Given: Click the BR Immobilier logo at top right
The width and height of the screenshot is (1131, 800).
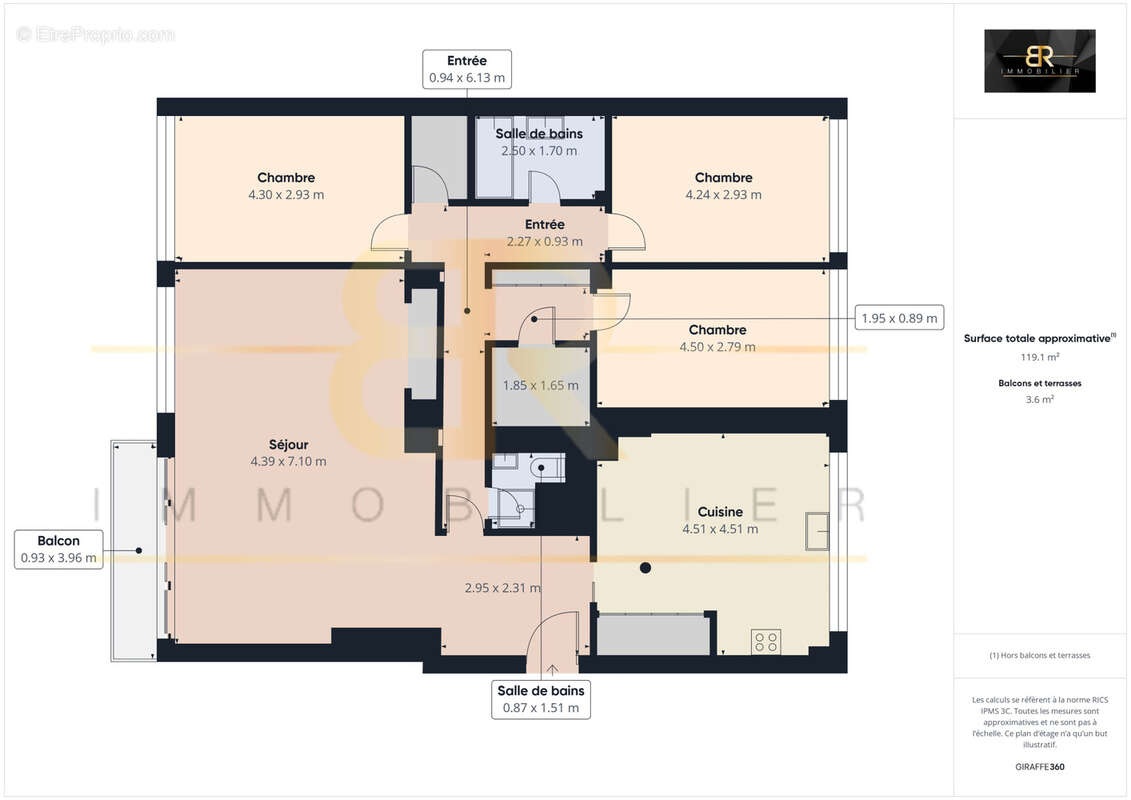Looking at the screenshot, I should (1039, 61).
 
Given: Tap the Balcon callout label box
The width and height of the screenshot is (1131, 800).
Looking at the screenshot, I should (59, 549).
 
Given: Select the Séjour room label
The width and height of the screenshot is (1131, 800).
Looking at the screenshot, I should (288, 444).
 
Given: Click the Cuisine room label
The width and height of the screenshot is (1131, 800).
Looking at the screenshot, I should (720, 512).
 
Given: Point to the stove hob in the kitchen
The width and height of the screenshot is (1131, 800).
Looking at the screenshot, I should (767, 641).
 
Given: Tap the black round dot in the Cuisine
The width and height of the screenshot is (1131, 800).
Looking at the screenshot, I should (645, 568).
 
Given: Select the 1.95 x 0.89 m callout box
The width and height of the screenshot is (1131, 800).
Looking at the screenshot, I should (899, 318).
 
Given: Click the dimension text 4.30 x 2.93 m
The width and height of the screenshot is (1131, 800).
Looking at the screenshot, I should (286, 195).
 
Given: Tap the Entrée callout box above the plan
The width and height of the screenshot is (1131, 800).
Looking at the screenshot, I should (467, 69).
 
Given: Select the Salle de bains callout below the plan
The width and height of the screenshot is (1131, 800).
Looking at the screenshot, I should (541, 699).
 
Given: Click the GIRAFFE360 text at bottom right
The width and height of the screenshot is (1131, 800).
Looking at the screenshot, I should (1039, 767).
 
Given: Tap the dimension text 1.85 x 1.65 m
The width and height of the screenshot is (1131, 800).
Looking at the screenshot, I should (540, 385).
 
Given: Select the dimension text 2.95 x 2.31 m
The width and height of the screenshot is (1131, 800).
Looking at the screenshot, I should (503, 588).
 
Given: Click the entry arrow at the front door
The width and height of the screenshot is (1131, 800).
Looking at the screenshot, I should (551, 668).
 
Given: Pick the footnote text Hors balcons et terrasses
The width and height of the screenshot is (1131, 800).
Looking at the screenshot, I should (1039, 655).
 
